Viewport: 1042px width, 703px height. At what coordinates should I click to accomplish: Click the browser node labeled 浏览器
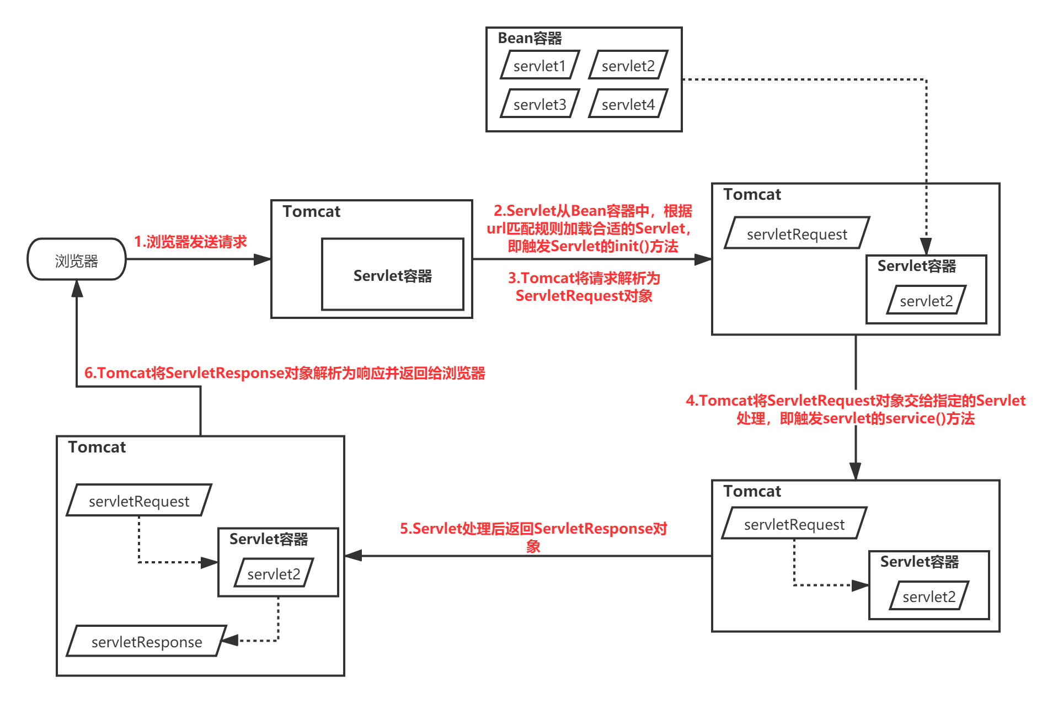[77, 260]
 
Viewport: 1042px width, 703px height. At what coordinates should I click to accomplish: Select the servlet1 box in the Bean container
[539, 66]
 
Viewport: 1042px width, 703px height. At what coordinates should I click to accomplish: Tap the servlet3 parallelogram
[539, 104]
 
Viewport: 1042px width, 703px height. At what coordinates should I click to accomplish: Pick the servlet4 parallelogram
[628, 104]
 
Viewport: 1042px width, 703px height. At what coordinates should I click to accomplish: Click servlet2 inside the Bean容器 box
[628, 66]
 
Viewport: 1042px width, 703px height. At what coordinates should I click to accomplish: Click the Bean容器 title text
[530, 38]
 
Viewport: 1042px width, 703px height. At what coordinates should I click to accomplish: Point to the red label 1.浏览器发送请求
[190, 242]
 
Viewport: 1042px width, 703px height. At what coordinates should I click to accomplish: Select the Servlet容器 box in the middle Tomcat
[392, 275]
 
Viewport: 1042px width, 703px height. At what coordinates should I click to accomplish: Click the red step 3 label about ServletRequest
[584, 287]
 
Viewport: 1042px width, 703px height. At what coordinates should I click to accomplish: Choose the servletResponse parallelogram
[146, 641]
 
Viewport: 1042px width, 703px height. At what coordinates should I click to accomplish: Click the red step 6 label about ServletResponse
[285, 373]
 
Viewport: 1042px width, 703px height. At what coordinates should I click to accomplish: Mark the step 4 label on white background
[855, 408]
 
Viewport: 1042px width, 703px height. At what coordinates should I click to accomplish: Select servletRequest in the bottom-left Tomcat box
[138, 501]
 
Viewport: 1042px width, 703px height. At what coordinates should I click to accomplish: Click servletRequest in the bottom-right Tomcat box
[794, 524]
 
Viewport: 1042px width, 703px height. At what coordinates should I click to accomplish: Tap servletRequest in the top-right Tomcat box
[797, 234]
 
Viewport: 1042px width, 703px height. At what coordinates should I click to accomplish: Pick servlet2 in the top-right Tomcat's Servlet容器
[926, 301]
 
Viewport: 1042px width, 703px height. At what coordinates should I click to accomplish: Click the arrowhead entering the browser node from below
[77, 288]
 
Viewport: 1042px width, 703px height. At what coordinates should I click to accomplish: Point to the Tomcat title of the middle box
[311, 211]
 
